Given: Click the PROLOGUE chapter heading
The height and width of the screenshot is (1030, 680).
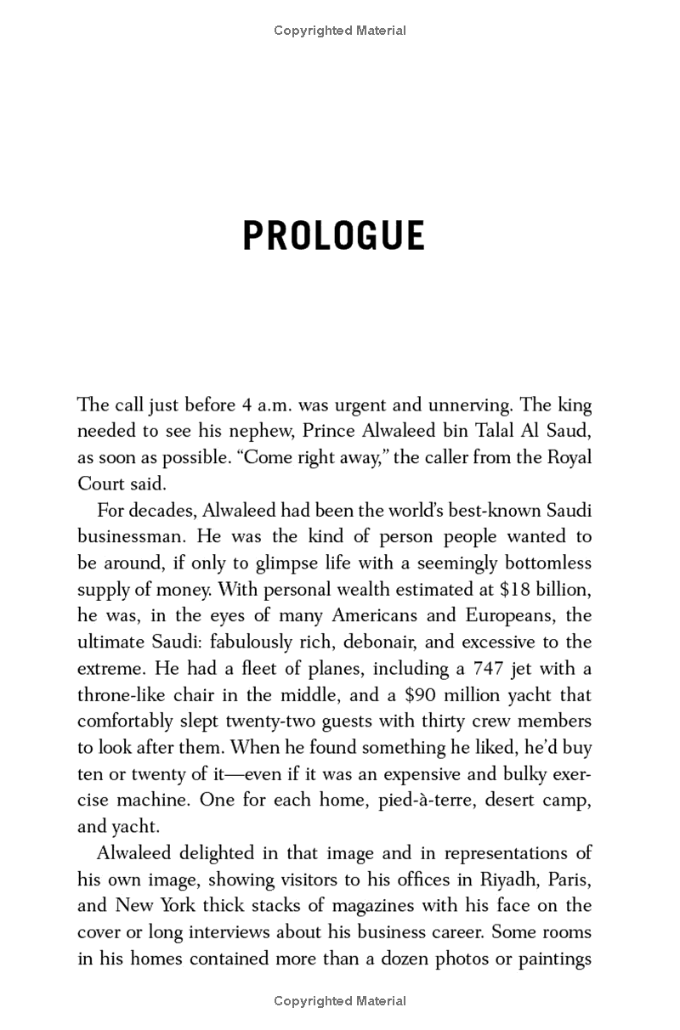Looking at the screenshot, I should [x=333, y=236].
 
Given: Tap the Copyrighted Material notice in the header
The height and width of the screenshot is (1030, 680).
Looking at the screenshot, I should [x=340, y=31].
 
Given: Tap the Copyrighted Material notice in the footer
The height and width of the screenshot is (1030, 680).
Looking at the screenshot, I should [x=340, y=1001].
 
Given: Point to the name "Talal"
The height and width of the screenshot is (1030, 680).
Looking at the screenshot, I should [x=489, y=432].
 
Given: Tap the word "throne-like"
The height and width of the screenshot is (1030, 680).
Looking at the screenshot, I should [x=120, y=695].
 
